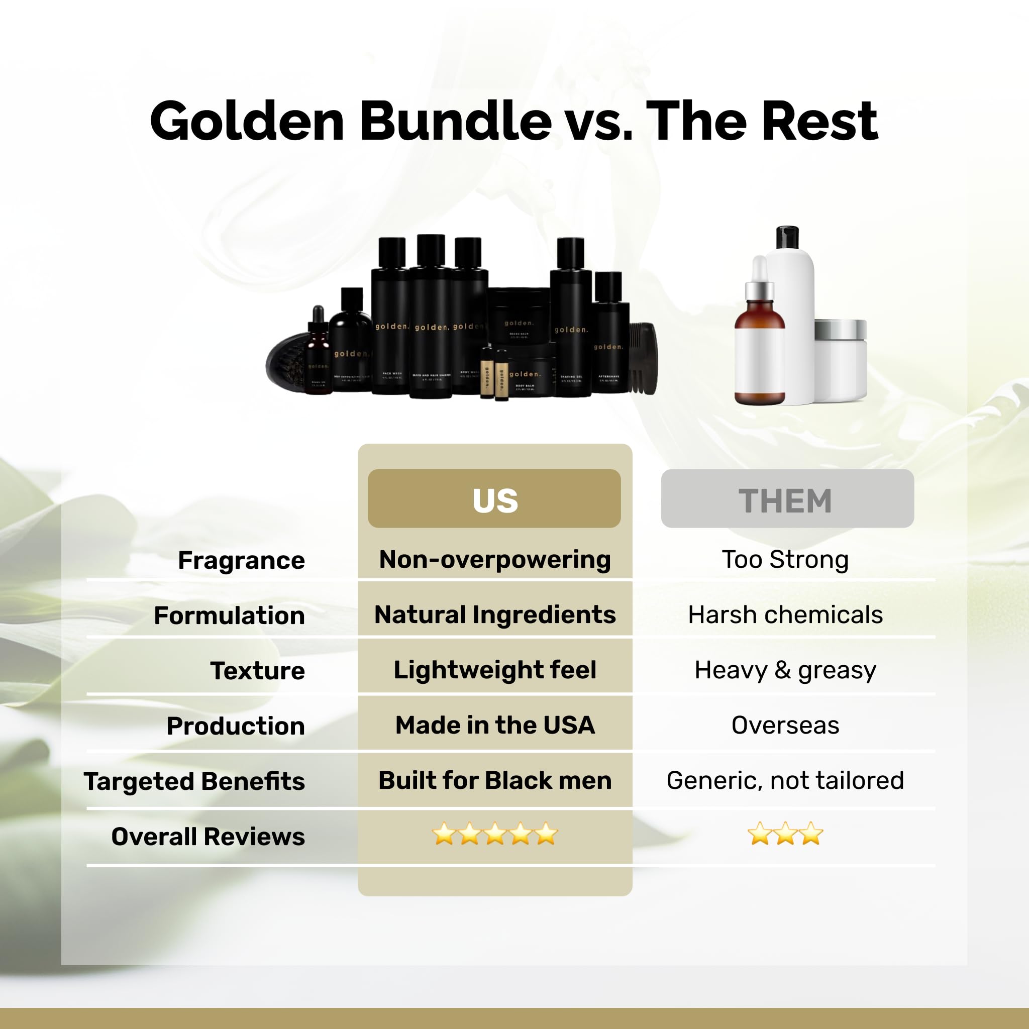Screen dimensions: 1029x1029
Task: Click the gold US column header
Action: [494, 499]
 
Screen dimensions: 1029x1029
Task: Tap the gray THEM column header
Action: [787, 499]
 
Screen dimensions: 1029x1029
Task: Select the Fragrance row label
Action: [241, 560]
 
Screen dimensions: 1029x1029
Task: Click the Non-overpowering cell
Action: [495, 559]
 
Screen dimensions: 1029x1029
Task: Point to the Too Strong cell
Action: [785, 559]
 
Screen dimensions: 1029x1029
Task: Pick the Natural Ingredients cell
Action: [495, 614]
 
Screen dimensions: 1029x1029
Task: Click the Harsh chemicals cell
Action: [785, 614]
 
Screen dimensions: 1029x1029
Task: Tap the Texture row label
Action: [257, 671]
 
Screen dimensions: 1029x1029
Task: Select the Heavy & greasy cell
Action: [785, 670]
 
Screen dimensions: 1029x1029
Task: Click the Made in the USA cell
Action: [495, 725]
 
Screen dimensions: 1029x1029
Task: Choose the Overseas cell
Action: [785, 725]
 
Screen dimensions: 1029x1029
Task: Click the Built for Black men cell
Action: [495, 780]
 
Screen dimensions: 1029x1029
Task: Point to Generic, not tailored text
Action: [785, 780]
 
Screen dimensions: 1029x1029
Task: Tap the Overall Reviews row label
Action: [208, 836]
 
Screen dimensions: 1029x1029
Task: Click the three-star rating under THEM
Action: [785, 834]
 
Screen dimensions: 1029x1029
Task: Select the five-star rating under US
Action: [495, 834]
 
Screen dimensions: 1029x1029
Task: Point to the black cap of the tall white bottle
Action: [787, 238]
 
